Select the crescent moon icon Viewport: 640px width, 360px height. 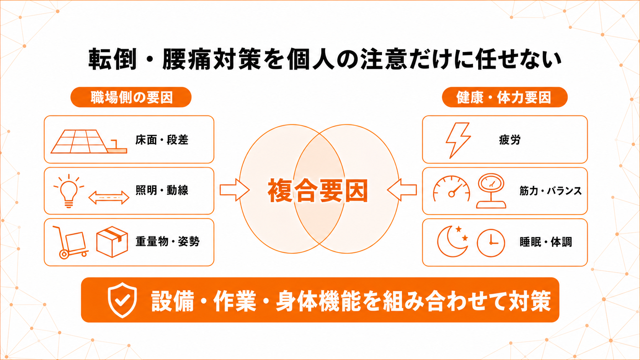451,241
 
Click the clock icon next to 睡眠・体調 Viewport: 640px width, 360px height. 491,243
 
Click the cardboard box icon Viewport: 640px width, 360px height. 112,242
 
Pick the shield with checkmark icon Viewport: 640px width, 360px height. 122,300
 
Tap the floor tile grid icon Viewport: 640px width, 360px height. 89,142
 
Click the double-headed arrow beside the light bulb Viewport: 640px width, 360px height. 109,197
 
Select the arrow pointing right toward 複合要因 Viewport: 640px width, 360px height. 235,190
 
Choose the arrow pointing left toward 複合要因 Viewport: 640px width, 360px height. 402,190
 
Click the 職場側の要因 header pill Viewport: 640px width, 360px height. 131,97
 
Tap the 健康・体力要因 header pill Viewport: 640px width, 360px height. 504,97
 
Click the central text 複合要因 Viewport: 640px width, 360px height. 318,191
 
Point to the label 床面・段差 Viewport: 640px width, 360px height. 162,140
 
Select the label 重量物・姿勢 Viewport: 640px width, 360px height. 167,241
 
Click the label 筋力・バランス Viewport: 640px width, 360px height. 550,191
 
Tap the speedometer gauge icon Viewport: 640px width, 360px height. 451,189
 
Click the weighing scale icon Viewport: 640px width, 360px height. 491,191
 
